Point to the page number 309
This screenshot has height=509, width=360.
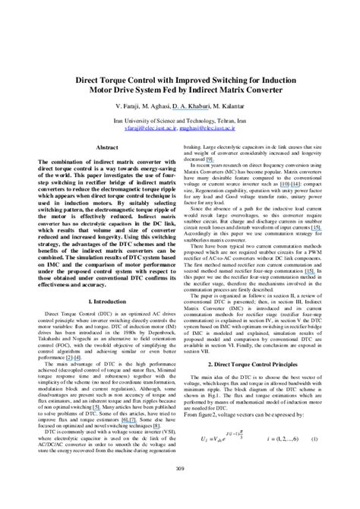tap(179, 490)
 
